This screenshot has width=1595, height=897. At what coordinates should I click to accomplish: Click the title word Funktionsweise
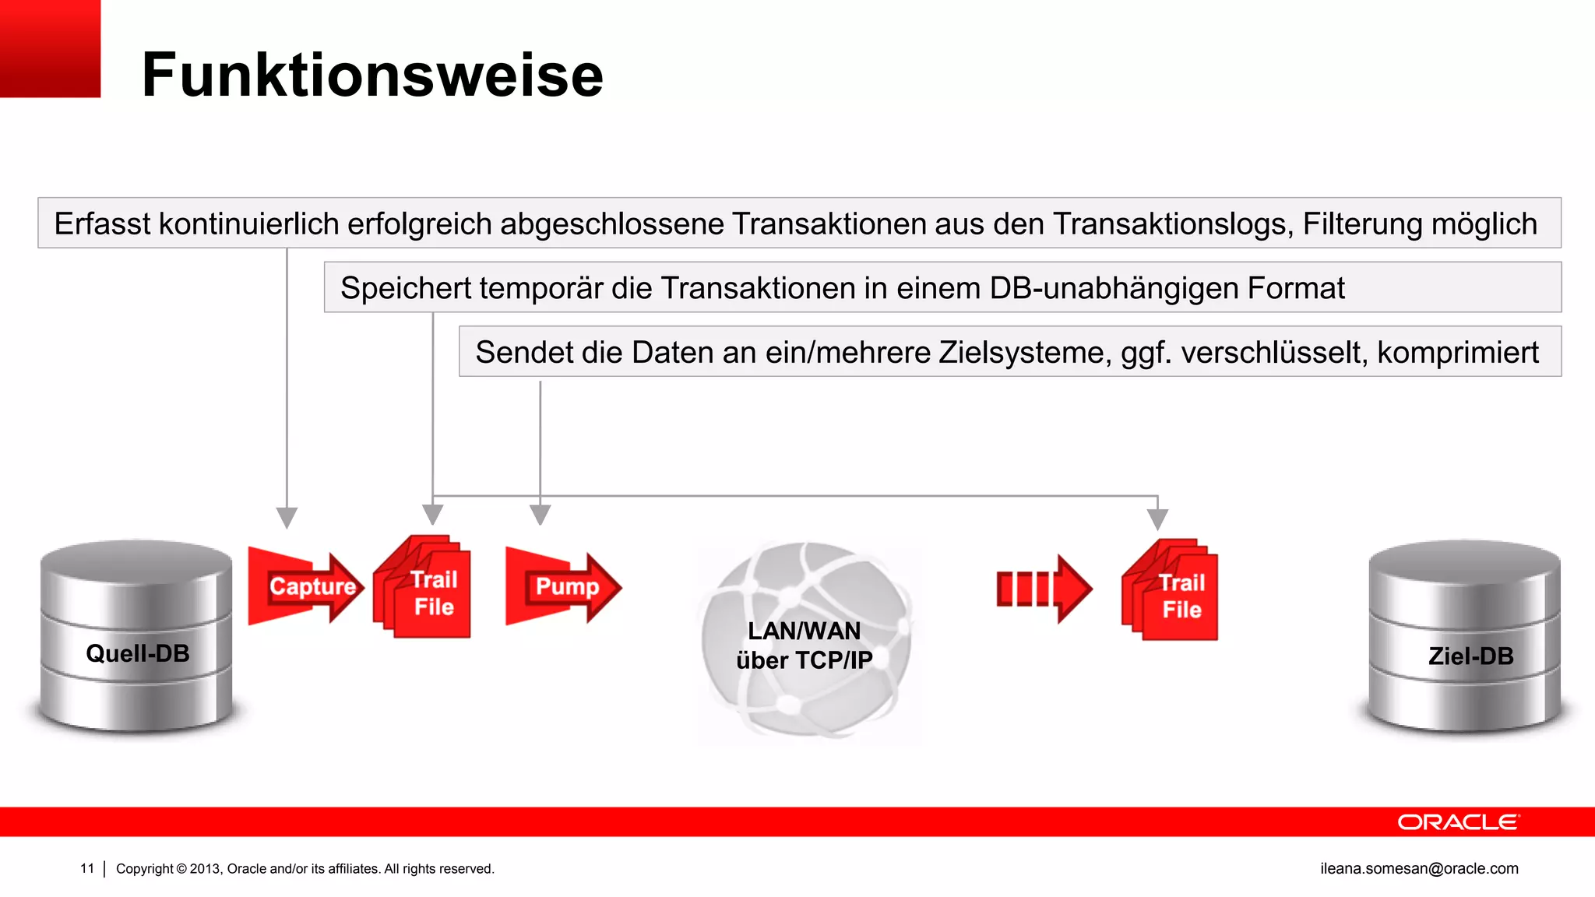pyautogui.click(x=372, y=75)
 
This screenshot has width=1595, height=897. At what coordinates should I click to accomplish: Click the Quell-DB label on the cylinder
pyautogui.click(x=138, y=653)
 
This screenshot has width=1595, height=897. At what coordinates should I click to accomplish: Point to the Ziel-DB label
pyautogui.click(x=1470, y=656)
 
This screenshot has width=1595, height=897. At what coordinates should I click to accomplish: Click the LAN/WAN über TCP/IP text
pyautogui.click(x=805, y=645)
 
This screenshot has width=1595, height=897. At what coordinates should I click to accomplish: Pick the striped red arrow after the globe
pyautogui.click(x=1044, y=589)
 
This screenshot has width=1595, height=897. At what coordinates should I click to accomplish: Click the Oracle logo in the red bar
pyautogui.click(x=1458, y=822)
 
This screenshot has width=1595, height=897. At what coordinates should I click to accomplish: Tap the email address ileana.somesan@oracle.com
pyautogui.click(x=1419, y=868)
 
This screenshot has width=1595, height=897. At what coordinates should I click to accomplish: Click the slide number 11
pyautogui.click(x=87, y=868)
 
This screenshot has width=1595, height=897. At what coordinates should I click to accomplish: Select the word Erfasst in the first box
pyautogui.click(x=102, y=224)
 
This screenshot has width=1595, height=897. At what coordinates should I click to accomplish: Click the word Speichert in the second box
pyautogui.click(x=406, y=288)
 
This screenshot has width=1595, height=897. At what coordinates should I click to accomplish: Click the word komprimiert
pyautogui.click(x=1458, y=353)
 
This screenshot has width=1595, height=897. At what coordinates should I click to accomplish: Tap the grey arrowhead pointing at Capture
pyautogui.click(x=287, y=518)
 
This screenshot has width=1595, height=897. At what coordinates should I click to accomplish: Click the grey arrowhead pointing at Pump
pyautogui.click(x=540, y=515)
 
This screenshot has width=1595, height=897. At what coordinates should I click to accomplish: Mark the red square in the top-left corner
pyautogui.click(x=50, y=48)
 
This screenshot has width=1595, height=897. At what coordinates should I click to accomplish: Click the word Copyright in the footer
pyautogui.click(x=144, y=868)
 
